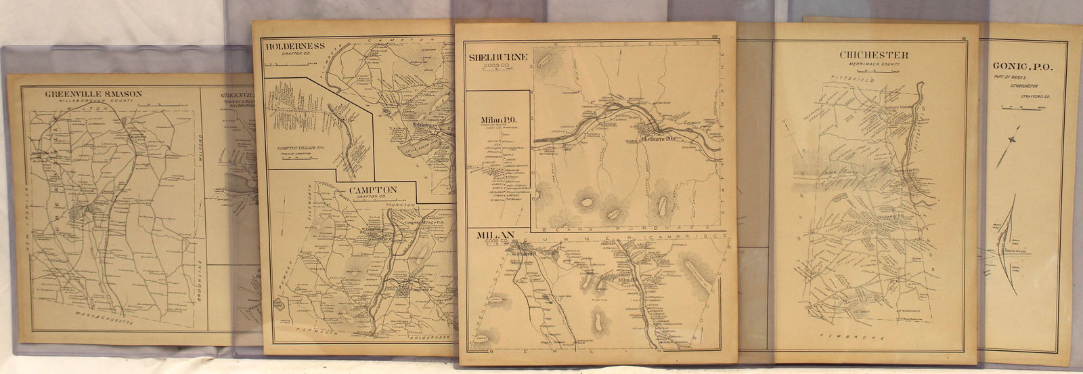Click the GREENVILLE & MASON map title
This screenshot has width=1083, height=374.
94,93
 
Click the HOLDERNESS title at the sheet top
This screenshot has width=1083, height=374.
295,46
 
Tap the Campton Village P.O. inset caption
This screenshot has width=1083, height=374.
301,148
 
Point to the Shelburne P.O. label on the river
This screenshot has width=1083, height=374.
658,140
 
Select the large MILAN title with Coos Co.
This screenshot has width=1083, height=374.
495,235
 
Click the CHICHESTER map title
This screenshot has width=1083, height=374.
873,55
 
